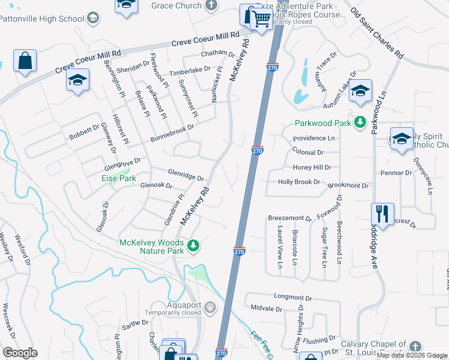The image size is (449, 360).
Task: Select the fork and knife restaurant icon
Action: coord(382,214)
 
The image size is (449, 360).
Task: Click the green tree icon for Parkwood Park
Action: coord(360,123)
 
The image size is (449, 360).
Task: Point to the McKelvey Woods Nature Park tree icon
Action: coord(193,245)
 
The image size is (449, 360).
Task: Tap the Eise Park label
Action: coord(118,178)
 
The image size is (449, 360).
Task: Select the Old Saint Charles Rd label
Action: coord(376,33)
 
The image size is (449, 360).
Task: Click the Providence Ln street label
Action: coord(313,138)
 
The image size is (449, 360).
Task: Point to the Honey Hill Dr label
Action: coord(312,168)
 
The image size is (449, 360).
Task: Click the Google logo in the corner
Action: coord(20,352)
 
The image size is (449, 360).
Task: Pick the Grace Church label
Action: coord(176,5)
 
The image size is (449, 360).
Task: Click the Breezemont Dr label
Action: coord(289,218)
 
